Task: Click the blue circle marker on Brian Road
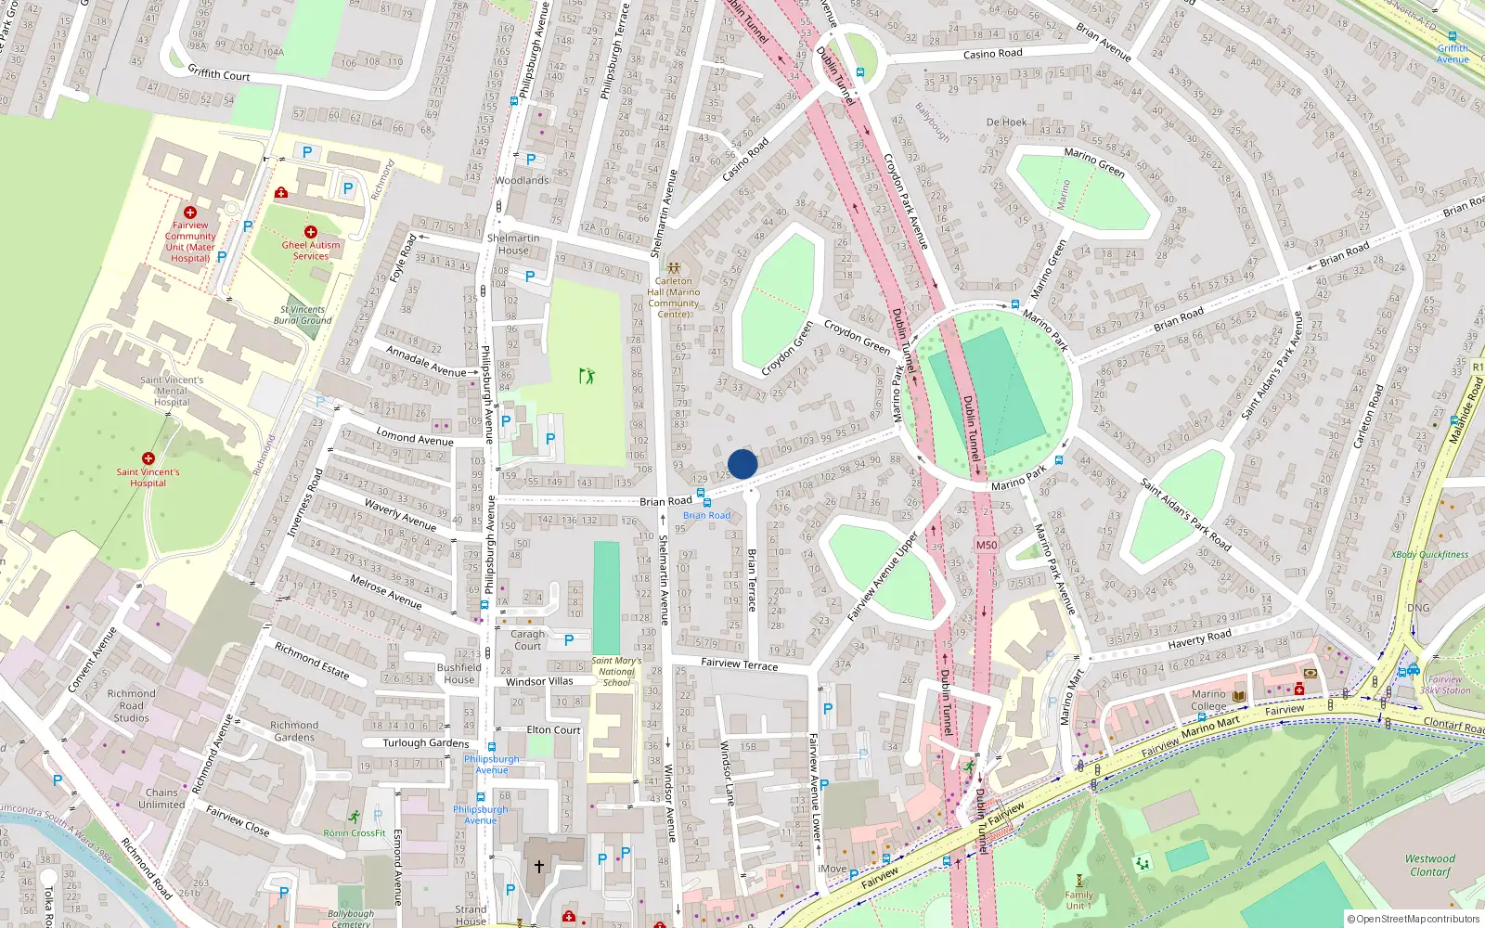pyautogui.click(x=742, y=464)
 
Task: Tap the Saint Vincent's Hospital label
pyautogui.click(x=148, y=477)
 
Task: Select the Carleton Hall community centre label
pyautogui.click(x=674, y=297)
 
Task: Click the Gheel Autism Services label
pyautogui.click(x=311, y=251)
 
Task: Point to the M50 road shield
pyautogui.click(x=987, y=545)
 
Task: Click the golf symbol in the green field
pyautogui.click(x=587, y=376)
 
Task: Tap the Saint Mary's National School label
pyautogui.click(x=616, y=672)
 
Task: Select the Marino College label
pyautogui.click(x=1208, y=700)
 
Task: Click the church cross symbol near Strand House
pyautogui.click(x=538, y=867)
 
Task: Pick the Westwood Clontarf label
pyautogui.click(x=1429, y=865)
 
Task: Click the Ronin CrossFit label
pyautogui.click(x=355, y=832)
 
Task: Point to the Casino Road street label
pyautogui.click(x=992, y=54)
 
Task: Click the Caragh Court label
pyautogui.click(x=527, y=640)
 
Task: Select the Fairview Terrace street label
pyautogui.click(x=740, y=664)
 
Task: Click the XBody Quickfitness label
pyautogui.click(x=1429, y=555)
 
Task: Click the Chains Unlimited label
pyautogui.click(x=161, y=798)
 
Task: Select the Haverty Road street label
pyautogui.click(x=1199, y=638)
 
